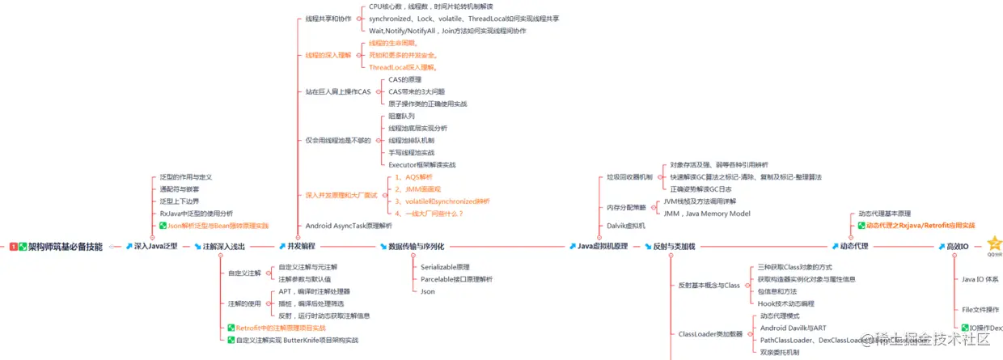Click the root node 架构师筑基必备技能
65,247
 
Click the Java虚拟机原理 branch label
602,247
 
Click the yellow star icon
993,243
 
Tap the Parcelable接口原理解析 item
456,279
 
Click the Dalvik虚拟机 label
626,226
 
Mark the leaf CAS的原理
404,79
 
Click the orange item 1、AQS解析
413,176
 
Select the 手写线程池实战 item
411,152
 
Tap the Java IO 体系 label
980,279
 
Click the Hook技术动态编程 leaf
785,303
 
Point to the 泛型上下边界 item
179,201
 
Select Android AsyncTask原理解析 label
348,226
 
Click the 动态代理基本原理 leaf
884,214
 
